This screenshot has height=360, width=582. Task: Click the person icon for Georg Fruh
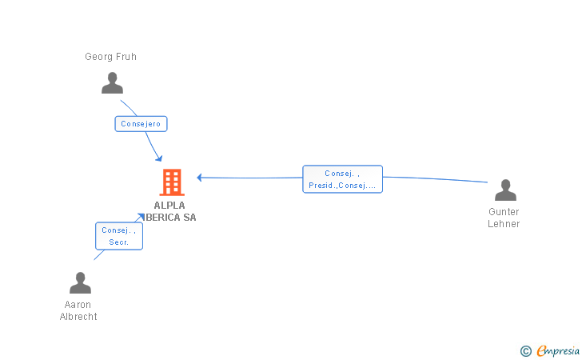(113, 82)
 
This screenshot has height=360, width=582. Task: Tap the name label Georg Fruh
(111, 57)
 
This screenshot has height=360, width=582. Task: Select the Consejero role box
(141, 124)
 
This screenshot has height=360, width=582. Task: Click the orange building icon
(172, 182)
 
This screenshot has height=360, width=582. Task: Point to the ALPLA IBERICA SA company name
(172, 211)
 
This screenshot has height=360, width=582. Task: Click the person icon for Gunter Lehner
(505, 190)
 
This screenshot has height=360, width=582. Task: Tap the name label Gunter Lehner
(504, 218)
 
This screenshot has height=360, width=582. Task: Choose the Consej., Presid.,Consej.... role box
(342, 179)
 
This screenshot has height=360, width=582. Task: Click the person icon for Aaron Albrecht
(80, 283)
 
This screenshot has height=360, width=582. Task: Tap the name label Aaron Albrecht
(78, 310)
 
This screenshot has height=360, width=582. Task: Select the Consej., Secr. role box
(118, 236)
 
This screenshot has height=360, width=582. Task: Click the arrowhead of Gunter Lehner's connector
(199, 178)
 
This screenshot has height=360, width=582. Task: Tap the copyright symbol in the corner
(525, 350)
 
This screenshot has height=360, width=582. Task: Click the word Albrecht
(78, 316)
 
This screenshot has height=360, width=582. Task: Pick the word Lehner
(504, 224)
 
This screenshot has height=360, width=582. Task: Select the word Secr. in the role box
(118, 242)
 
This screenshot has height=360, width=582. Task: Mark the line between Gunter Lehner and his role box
(436, 178)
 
